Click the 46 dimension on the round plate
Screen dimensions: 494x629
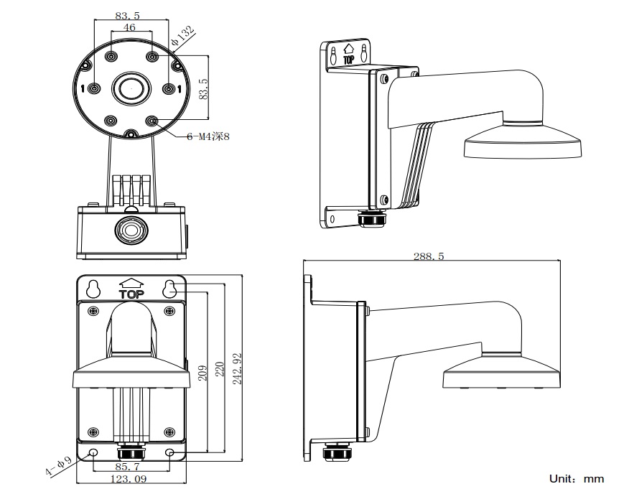(130, 27)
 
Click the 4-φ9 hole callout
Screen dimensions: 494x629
(58, 466)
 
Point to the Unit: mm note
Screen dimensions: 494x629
(577, 478)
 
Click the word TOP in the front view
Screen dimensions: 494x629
(131, 293)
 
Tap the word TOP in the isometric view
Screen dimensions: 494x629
(349, 60)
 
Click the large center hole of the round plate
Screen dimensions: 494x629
(131, 89)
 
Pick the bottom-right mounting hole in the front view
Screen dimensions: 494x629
(170, 453)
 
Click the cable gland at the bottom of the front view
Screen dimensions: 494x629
(131, 455)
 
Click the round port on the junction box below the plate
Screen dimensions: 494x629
(131, 230)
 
